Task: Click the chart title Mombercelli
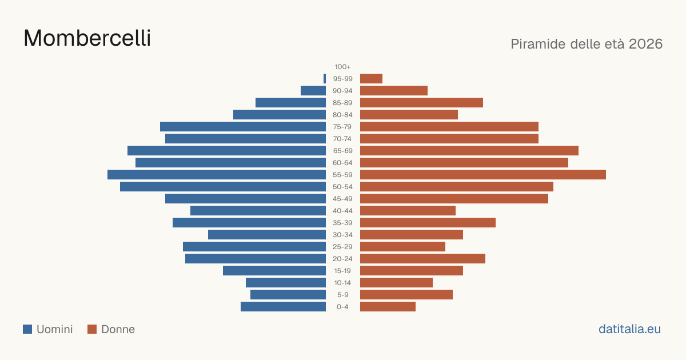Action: pos(87,38)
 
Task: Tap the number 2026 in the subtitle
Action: pos(645,44)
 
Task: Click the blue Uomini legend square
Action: pos(27,329)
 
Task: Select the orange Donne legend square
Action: pos(92,329)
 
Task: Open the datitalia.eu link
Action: pos(629,329)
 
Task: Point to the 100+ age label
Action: pos(342,67)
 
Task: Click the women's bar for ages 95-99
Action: pos(371,79)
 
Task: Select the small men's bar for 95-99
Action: pos(325,79)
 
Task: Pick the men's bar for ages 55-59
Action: pos(217,174)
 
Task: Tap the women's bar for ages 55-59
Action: pos(483,174)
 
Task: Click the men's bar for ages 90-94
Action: pos(313,91)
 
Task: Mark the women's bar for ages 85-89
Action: pos(421,102)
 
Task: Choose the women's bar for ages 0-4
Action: pos(388,306)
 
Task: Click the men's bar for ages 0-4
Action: pos(284,306)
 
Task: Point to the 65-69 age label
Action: pos(342,151)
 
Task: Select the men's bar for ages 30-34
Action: pos(267,234)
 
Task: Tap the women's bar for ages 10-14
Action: pos(396,282)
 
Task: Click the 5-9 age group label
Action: pos(342,294)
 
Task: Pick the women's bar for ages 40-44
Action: pos(408,211)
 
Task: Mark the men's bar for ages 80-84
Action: pos(280,114)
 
